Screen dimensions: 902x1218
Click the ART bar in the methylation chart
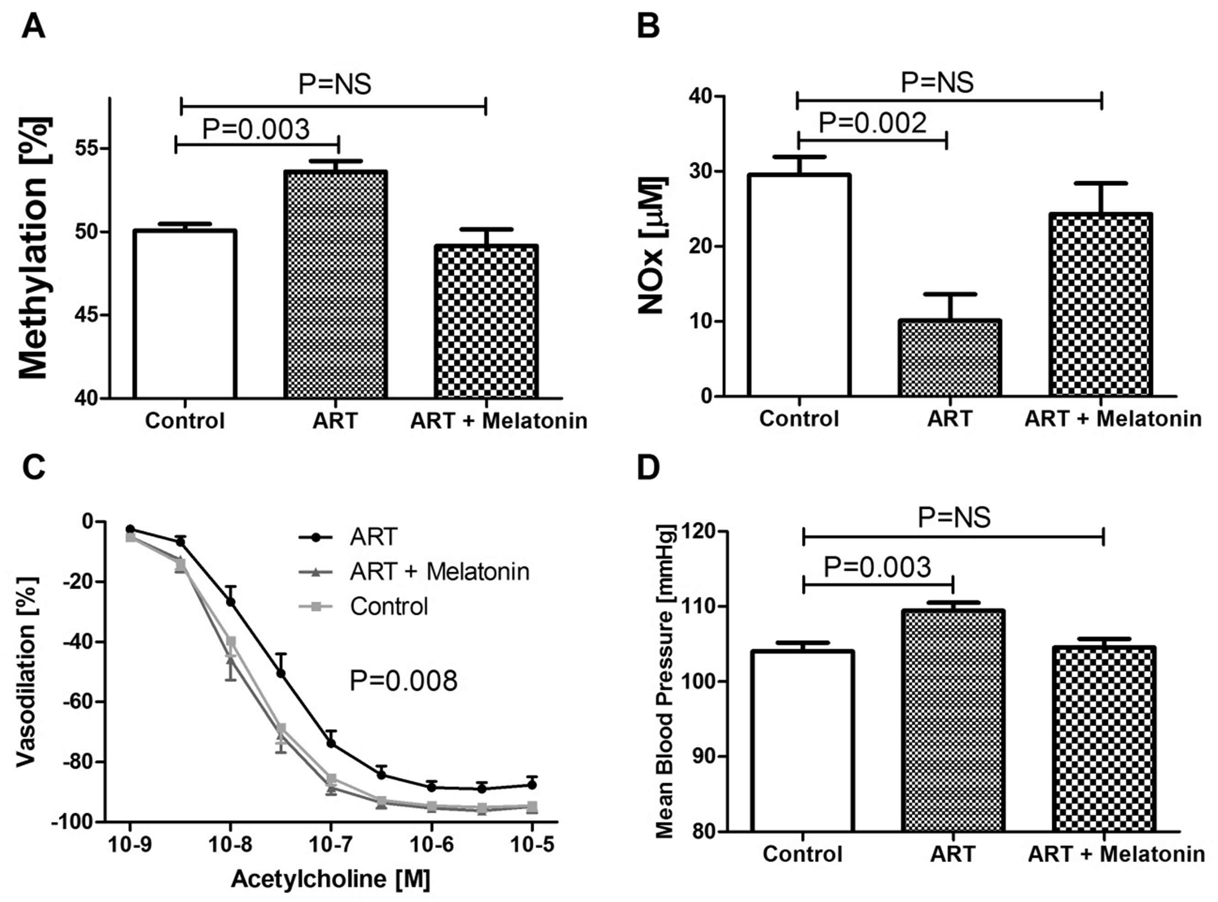[335, 284]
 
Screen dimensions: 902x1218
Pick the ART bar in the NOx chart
[950, 358]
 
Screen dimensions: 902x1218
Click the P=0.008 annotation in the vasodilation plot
[403, 681]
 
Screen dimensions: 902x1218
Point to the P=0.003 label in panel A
[256, 129]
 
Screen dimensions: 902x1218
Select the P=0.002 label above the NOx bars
[872, 123]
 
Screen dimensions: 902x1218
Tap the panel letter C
[33, 469]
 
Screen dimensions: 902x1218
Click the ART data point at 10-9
[130, 529]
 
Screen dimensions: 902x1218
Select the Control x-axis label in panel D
[802, 854]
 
